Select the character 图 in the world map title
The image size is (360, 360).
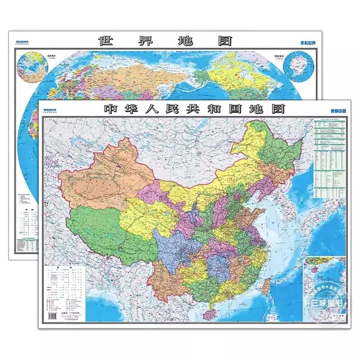[x=223, y=41]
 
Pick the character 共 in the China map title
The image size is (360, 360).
[x=203, y=109]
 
